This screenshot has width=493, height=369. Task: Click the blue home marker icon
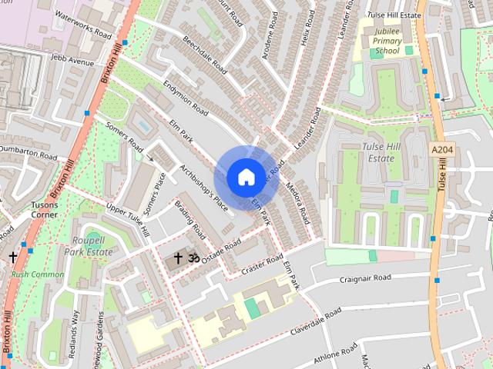(x=245, y=177)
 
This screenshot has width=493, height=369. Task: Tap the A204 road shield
(x=442, y=150)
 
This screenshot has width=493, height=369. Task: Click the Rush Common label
(x=38, y=274)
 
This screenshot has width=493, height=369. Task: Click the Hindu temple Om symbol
(x=194, y=258)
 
